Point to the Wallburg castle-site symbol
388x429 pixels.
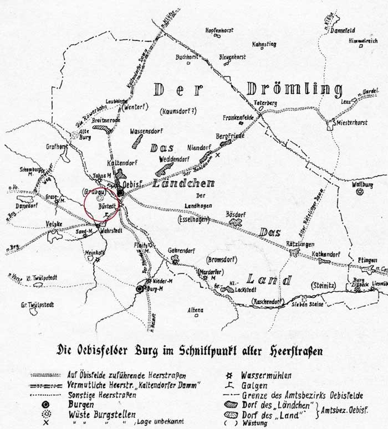pyautogui.click(x=360, y=192)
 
